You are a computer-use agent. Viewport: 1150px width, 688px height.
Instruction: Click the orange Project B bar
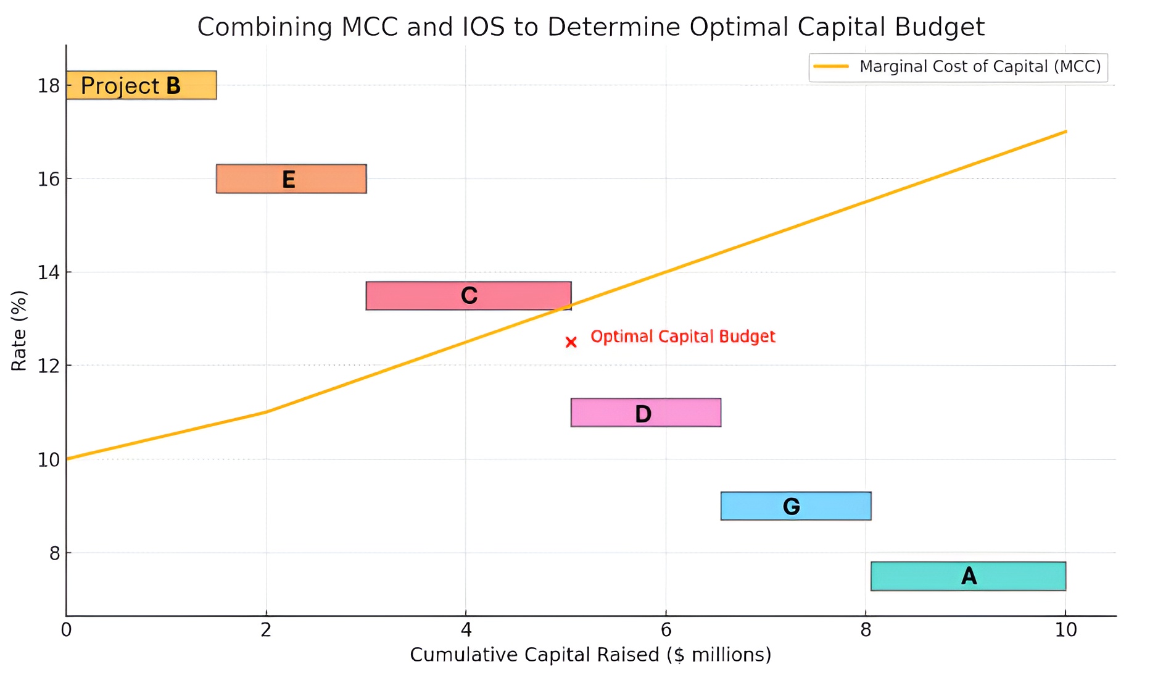coord(141,85)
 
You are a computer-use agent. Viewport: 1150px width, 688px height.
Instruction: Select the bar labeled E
coord(291,179)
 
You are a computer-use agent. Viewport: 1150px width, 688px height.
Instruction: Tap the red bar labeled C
coord(468,296)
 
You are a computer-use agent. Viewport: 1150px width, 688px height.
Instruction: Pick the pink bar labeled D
coord(645,413)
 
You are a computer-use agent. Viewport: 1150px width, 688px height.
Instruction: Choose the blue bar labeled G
coord(795,506)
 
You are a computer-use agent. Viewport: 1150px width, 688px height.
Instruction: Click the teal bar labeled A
coord(968,576)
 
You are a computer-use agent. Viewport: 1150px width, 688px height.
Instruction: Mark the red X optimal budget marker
coord(571,342)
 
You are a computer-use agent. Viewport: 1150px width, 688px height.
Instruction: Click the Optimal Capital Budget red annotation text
coord(682,337)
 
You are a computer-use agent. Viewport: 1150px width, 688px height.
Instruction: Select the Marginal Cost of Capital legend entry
coord(958,67)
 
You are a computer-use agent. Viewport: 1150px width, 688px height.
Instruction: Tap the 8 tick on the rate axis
coord(54,553)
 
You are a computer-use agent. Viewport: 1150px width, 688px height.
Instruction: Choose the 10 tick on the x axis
coord(1065,630)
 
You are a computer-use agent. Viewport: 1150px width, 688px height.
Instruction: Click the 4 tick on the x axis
coord(466,630)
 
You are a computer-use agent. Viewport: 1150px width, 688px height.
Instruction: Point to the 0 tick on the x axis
coord(66,630)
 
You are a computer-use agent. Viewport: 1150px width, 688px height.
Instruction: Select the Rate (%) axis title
coord(19,330)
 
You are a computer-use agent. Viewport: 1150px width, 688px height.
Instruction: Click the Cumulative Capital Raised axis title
coord(590,655)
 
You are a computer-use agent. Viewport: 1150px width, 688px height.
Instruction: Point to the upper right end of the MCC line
coord(1065,132)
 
